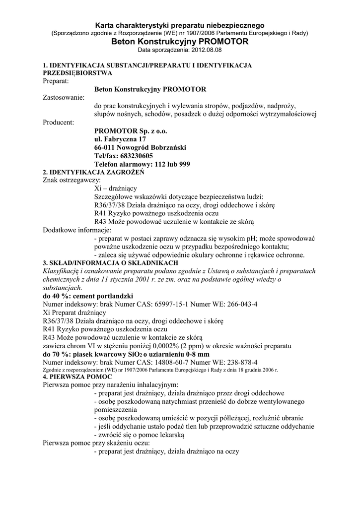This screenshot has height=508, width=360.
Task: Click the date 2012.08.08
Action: [x=206, y=51]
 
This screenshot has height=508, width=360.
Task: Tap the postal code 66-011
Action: [x=105, y=148]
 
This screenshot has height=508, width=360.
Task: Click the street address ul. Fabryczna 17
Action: [x=120, y=140]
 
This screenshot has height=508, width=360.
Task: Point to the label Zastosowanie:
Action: [x=64, y=98]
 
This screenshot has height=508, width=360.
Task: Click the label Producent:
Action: [x=59, y=123]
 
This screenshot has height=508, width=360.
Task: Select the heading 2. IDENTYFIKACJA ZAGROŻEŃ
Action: [x=93, y=172]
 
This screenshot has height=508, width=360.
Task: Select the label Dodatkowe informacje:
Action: [x=77, y=230]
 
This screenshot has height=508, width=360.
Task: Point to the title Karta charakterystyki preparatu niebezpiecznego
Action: [x=180, y=25]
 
